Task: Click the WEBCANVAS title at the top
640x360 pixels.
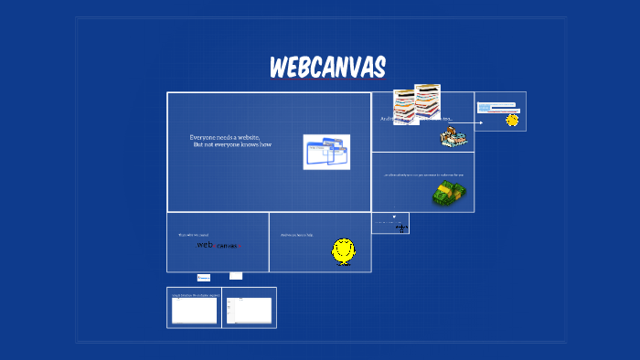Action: (x=327, y=68)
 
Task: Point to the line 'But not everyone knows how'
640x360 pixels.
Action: (x=232, y=145)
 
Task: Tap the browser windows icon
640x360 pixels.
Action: (x=326, y=152)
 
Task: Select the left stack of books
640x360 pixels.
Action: (x=406, y=106)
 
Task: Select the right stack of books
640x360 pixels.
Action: (x=427, y=101)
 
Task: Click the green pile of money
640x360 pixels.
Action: (x=449, y=193)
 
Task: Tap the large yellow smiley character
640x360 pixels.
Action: (x=344, y=250)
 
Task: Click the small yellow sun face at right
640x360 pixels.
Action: (x=512, y=120)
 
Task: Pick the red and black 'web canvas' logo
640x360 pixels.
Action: (x=217, y=245)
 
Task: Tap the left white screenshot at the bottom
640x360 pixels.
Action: (x=195, y=311)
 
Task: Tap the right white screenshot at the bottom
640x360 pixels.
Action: (x=249, y=311)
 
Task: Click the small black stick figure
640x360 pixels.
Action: (x=400, y=226)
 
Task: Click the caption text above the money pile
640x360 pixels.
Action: (x=423, y=175)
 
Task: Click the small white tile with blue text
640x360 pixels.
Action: (x=204, y=277)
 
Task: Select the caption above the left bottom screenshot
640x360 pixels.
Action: (x=194, y=295)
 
